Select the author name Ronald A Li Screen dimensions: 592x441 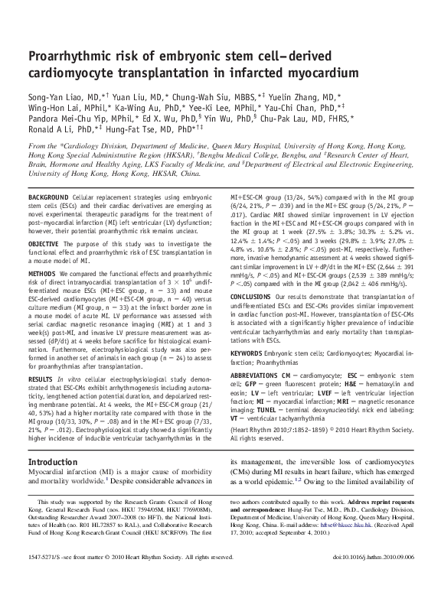click(53, 128)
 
